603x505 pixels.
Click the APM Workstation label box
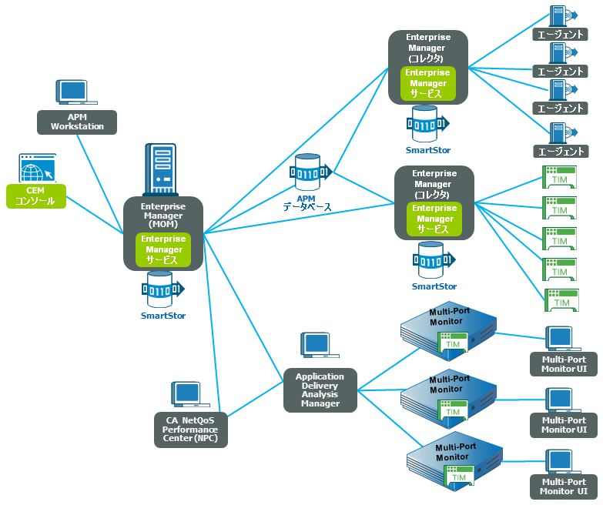point(77,122)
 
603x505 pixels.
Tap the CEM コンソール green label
point(35,196)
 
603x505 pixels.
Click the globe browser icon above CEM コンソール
point(37,168)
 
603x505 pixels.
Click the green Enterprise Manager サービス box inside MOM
point(162,249)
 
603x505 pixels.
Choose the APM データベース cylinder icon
point(308,172)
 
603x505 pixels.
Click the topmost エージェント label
point(560,35)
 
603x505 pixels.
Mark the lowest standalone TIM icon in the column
point(560,300)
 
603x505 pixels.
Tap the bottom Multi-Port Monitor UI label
point(564,487)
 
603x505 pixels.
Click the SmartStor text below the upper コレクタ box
point(428,150)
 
